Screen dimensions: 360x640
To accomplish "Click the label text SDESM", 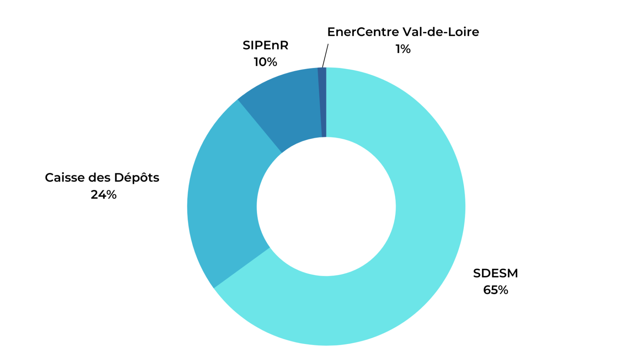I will [x=495, y=273].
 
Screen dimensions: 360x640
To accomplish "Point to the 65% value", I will [x=495, y=290].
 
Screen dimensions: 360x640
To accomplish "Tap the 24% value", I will [x=103, y=195].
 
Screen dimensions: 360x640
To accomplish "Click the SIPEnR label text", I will [x=265, y=45].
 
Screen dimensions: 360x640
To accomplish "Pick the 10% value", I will [x=265, y=62].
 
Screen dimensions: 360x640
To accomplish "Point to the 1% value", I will [x=403, y=49].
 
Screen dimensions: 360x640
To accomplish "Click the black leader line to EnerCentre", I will [x=325, y=55].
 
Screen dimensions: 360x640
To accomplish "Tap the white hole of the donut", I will [x=326, y=206].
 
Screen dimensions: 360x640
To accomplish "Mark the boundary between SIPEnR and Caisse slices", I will [x=260, y=126].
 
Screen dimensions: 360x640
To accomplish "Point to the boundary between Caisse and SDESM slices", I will [x=242, y=268].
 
